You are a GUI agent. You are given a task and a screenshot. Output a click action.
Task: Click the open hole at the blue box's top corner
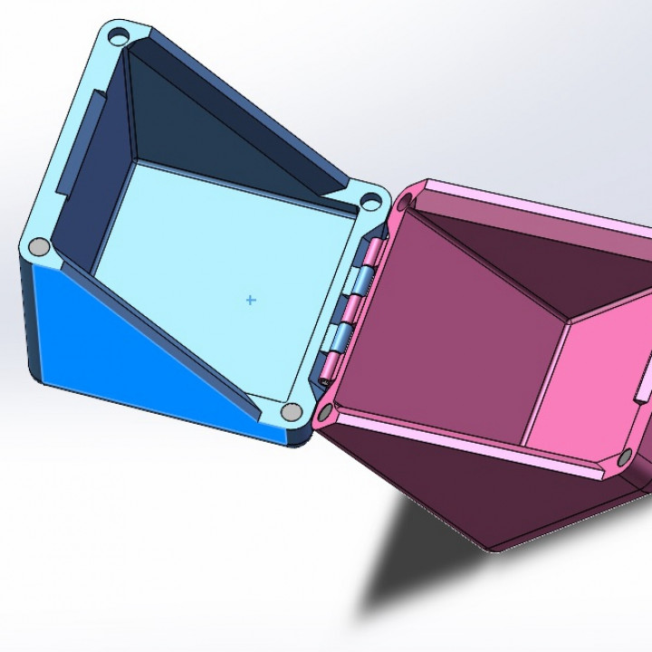[x=118, y=37]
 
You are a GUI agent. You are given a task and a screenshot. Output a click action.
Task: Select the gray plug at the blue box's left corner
[x=39, y=246]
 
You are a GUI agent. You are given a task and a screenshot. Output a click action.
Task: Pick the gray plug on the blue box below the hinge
[x=291, y=412]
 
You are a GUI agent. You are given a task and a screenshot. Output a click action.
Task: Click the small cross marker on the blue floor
[x=251, y=299]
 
